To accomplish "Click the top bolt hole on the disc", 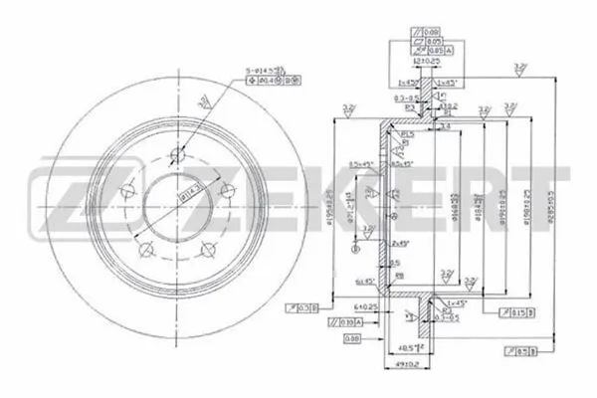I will tap(179, 155).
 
